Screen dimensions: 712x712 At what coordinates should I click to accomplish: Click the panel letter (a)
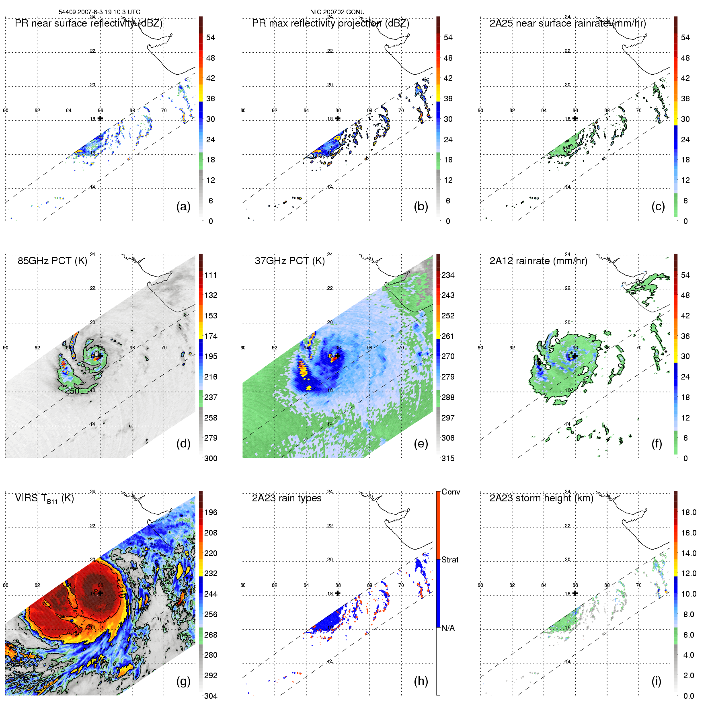click(183, 206)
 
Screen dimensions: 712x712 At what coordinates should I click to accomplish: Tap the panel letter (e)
click(421, 443)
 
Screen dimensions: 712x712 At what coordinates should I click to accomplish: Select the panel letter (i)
click(656, 681)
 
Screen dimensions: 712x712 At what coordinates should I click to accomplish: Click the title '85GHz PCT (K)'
click(52, 261)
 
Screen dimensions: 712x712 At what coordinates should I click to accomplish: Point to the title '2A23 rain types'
click(287, 498)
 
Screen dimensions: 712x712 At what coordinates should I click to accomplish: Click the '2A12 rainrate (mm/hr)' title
click(538, 261)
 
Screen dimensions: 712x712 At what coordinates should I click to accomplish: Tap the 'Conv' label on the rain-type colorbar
click(451, 492)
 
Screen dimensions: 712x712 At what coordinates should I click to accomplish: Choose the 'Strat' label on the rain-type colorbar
click(450, 560)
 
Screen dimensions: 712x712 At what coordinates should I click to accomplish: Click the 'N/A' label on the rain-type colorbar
click(448, 628)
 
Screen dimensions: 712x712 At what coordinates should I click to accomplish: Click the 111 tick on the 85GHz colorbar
click(211, 275)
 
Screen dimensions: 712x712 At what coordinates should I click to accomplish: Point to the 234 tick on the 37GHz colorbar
click(448, 275)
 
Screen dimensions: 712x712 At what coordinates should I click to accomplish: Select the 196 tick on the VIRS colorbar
click(211, 512)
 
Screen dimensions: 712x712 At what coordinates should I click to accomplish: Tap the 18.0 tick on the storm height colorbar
click(689, 512)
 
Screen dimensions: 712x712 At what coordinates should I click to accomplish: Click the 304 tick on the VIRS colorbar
click(211, 696)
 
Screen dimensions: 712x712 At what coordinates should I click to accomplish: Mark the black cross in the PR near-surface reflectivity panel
click(101, 118)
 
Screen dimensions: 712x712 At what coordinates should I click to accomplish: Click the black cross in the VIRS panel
click(101, 593)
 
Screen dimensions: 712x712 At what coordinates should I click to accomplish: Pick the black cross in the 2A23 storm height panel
click(575, 593)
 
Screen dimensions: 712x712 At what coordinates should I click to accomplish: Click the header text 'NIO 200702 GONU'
click(337, 12)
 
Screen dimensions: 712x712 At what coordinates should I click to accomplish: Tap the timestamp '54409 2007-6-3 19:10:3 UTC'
click(100, 12)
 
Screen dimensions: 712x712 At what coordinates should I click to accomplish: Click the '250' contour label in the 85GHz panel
click(72, 391)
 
